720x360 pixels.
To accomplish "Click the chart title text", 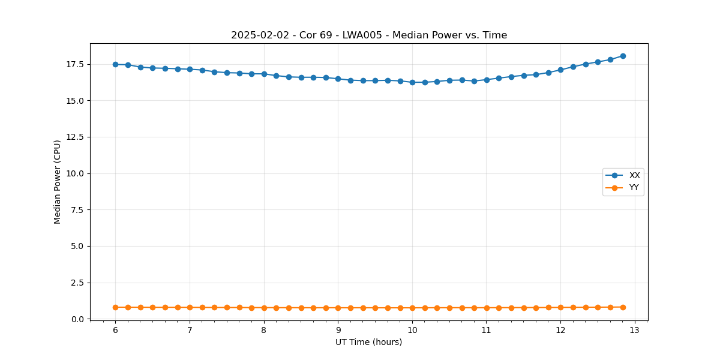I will (x=369, y=35).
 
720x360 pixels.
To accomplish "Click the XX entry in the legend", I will (x=634, y=176).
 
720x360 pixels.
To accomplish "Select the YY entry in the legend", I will (x=634, y=188).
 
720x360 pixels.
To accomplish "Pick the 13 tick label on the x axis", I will (x=635, y=330).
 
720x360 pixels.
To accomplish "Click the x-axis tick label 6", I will (x=115, y=330).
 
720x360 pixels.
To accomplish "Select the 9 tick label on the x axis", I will (x=338, y=330).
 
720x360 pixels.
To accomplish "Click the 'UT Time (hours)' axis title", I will (x=369, y=342).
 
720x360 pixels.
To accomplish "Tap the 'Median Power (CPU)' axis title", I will (x=58, y=182).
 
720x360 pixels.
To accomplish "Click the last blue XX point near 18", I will (x=623, y=56).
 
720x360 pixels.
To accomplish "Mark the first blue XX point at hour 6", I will (x=115, y=64).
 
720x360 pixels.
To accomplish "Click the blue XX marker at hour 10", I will (x=412, y=82).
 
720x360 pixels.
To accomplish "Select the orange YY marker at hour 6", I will (x=115, y=307).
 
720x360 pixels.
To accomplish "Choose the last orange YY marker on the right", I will (x=623, y=307).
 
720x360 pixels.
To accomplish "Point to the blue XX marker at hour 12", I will (x=560, y=70).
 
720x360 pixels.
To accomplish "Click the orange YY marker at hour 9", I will (x=338, y=308).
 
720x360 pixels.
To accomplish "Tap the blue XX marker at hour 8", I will (x=264, y=74).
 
